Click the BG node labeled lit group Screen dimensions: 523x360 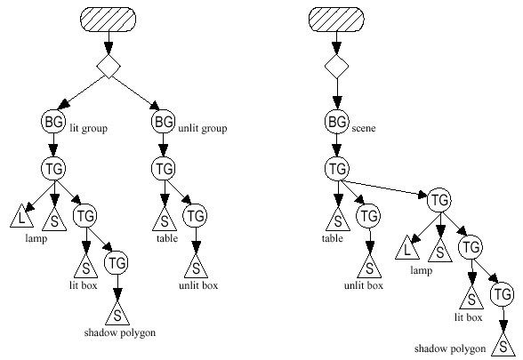[53, 122]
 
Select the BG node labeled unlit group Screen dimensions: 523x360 [164, 122]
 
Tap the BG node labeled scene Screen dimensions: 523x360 [337, 122]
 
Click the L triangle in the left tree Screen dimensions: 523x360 [21, 217]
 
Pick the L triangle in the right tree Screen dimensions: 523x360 [407, 248]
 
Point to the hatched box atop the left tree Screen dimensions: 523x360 [109, 20]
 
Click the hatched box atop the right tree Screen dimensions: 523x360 [336, 20]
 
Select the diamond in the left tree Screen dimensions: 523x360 [109, 67]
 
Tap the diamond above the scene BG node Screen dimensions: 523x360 [337, 67]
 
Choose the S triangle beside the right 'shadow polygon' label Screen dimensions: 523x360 [503, 345]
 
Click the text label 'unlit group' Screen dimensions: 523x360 [203, 128]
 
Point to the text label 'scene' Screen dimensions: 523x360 [364, 128]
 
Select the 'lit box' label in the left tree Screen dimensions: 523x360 [84, 285]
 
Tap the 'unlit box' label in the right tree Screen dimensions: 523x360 [364, 285]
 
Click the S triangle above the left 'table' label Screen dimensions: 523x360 [165, 220]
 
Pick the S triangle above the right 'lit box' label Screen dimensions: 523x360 [471, 299]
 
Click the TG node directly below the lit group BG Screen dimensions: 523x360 [53, 169]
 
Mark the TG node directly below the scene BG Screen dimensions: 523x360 [337, 169]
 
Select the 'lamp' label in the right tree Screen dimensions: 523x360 [422, 270]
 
